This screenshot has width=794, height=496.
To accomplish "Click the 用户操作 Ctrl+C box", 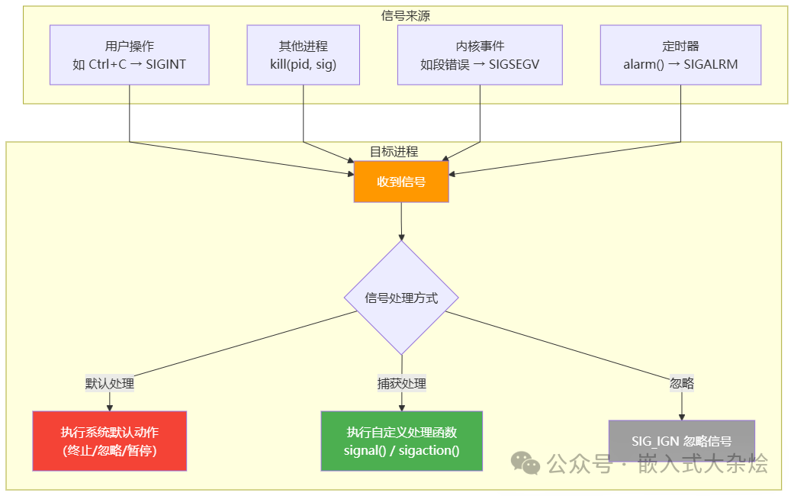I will coord(129,55).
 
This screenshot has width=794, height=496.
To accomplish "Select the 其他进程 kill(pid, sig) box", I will coord(304,55).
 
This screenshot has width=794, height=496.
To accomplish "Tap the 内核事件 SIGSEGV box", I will coord(480,55).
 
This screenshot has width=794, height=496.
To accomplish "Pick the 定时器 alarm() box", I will coord(680,55).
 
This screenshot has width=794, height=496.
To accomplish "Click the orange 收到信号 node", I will coord(401,182).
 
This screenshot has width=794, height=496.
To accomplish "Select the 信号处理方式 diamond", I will coord(401,298).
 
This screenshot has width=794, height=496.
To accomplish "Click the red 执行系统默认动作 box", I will coord(110,441).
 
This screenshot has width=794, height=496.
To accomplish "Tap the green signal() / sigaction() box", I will coord(401,441).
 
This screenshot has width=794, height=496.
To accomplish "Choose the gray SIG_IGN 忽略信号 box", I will coord(681,441).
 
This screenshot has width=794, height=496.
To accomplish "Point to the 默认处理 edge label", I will coord(110,384).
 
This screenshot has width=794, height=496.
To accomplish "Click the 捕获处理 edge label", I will coord(401,384).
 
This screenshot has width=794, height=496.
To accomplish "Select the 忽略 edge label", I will coord(681,383).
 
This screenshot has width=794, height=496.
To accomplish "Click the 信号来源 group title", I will coord(405,15).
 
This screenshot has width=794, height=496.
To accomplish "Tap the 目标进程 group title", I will coord(394,151).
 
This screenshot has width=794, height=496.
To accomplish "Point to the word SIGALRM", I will coord(711,65).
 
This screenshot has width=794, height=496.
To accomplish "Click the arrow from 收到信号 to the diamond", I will coord(401,221).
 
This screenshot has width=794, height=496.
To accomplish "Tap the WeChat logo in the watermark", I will coord(526,463).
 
